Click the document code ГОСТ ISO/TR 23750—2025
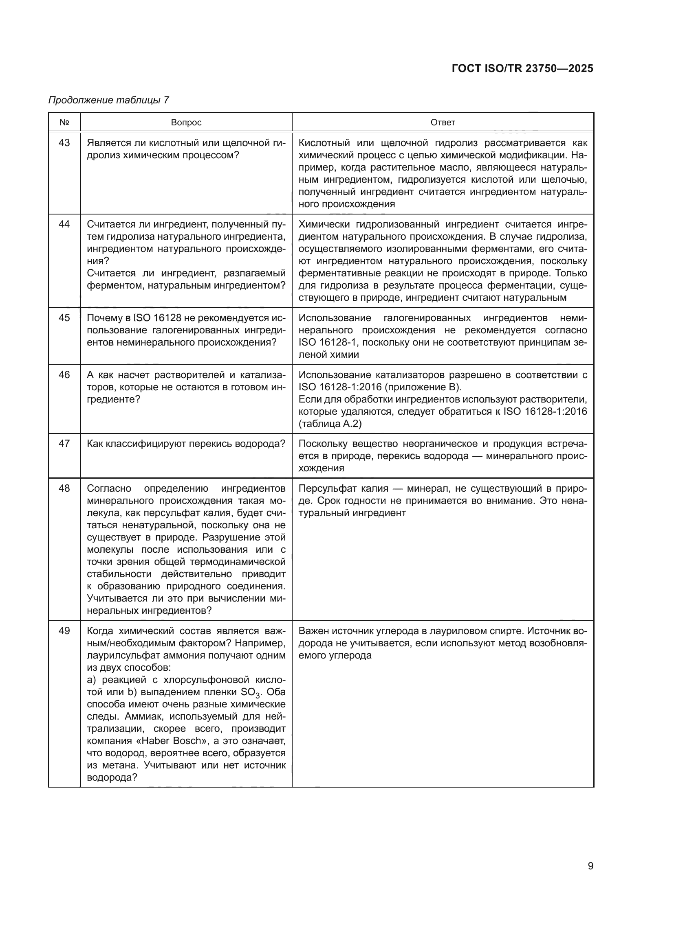pyautogui.click(x=522, y=68)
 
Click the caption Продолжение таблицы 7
pyautogui.click(x=109, y=100)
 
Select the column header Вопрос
pyautogui.click(x=186, y=123)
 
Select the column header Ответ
pyautogui.click(x=443, y=123)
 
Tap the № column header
pyautogui.click(x=64, y=123)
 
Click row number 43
pyautogui.click(x=64, y=143)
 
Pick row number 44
pyautogui.click(x=64, y=224)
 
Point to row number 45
pyautogui.click(x=64, y=318)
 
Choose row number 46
pyautogui.click(x=64, y=375)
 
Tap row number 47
pyautogui.click(x=64, y=444)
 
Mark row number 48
pyautogui.click(x=64, y=488)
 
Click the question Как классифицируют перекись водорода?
pyautogui.click(x=186, y=444)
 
